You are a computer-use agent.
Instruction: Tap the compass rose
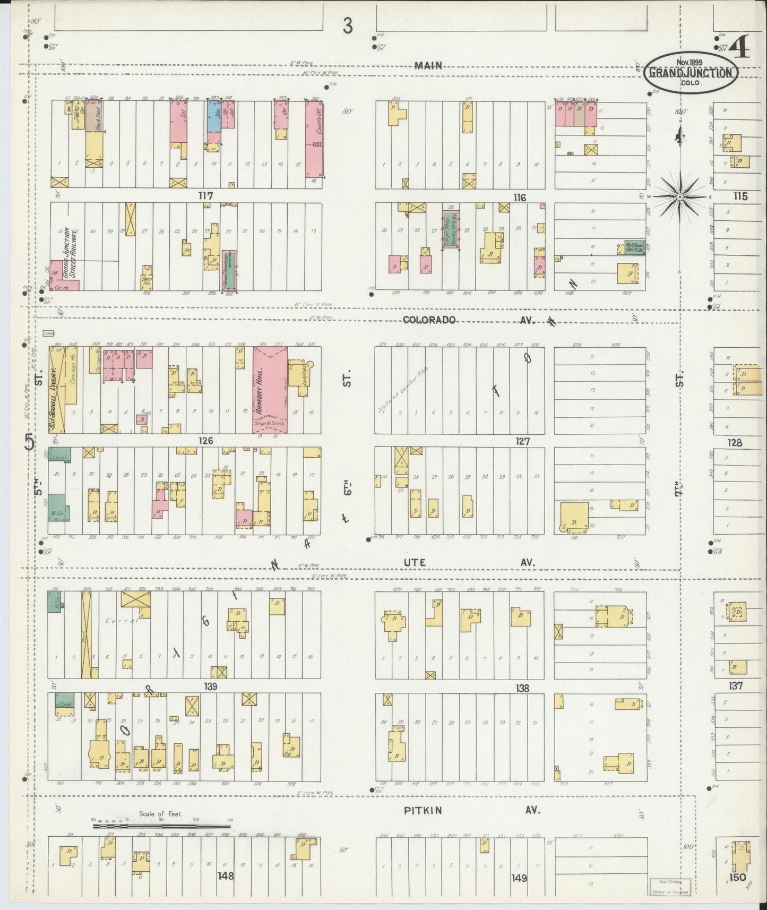click(679, 196)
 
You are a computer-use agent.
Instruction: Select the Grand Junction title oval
click(691, 74)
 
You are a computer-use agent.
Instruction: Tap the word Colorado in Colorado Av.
click(429, 320)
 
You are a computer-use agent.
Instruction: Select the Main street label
click(428, 66)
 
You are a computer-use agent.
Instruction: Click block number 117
click(205, 196)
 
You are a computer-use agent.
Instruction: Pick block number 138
click(522, 688)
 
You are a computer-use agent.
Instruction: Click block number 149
click(519, 878)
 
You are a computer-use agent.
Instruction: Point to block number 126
click(205, 441)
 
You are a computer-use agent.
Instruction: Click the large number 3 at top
click(348, 25)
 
